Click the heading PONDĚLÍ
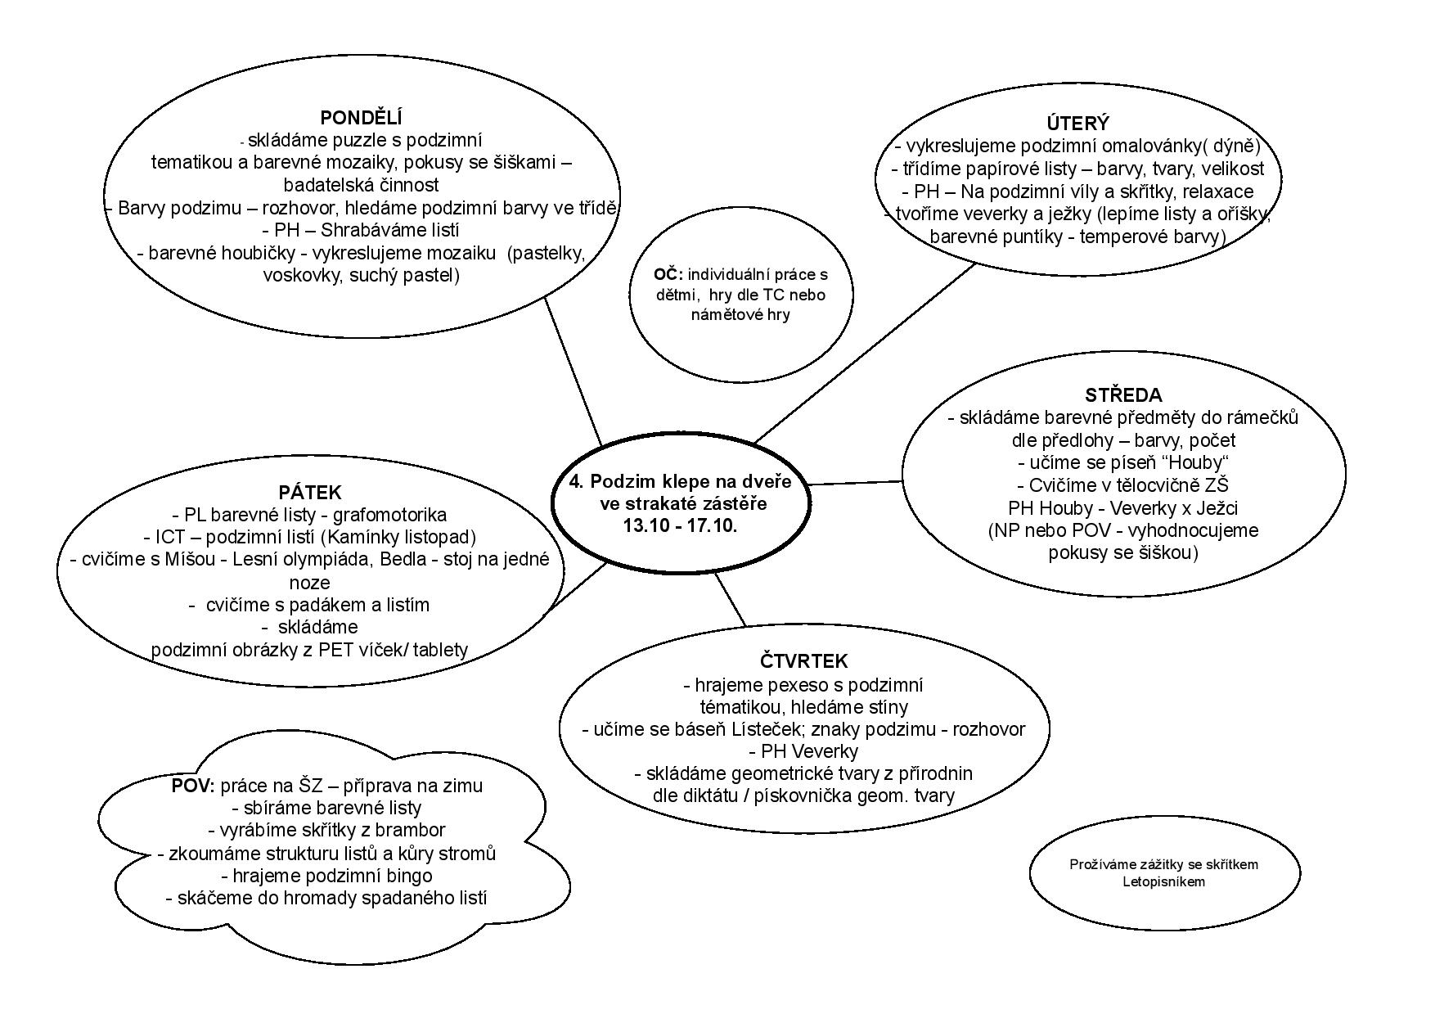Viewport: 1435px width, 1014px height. coord(361,117)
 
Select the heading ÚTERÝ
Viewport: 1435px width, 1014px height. coord(1077,124)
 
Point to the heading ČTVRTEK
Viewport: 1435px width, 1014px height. coord(803,661)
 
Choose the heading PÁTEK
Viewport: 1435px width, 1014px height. coord(309,493)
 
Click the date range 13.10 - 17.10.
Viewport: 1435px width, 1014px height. coord(681,526)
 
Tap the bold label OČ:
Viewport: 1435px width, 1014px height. coord(668,275)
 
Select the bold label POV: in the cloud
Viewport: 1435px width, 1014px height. coord(193,786)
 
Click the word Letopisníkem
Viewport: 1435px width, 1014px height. coord(1163,881)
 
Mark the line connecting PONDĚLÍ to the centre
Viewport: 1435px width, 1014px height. coord(573,370)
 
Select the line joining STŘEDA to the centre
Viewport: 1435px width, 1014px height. coord(855,482)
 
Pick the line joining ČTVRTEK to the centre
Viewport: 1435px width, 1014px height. coord(730,599)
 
